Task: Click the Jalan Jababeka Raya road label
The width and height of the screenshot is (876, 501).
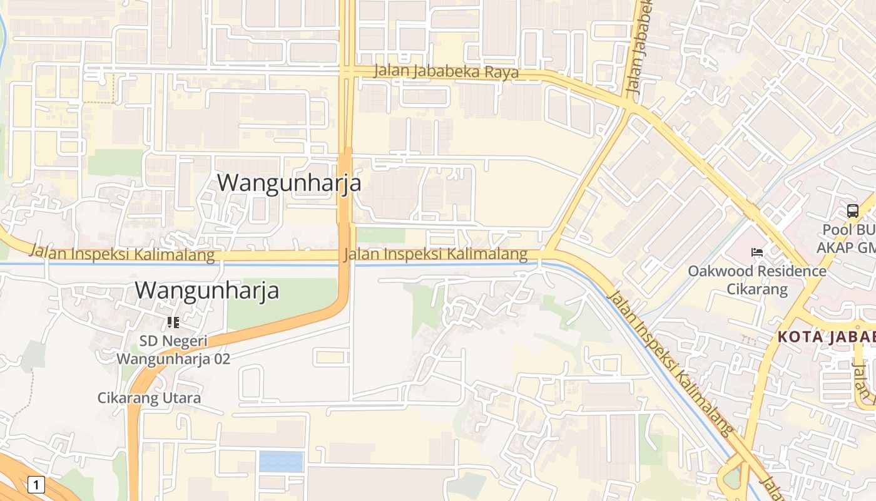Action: click(446, 71)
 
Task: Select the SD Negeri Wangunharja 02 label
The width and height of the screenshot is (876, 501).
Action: click(173, 350)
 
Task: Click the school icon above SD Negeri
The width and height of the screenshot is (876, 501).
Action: click(173, 323)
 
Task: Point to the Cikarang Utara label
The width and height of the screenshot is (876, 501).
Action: click(149, 398)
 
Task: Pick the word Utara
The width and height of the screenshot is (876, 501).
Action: click(181, 398)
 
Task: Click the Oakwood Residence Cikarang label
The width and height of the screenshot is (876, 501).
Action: click(757, 280)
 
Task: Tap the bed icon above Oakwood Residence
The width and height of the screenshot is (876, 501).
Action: click(757, 252)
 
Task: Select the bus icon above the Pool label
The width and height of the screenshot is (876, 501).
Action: click(853, 210)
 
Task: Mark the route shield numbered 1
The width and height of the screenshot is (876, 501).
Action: click(36, 484)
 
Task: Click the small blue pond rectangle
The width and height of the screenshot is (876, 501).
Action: click(281, 462)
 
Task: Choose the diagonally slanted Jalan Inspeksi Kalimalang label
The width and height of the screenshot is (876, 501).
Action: click(670, 363)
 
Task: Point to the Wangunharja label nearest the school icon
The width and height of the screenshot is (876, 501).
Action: click(206, 291)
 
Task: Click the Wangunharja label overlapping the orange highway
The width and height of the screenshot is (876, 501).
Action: click(289, 182)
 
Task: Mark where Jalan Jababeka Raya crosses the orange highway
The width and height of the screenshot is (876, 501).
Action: click(347, 71)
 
